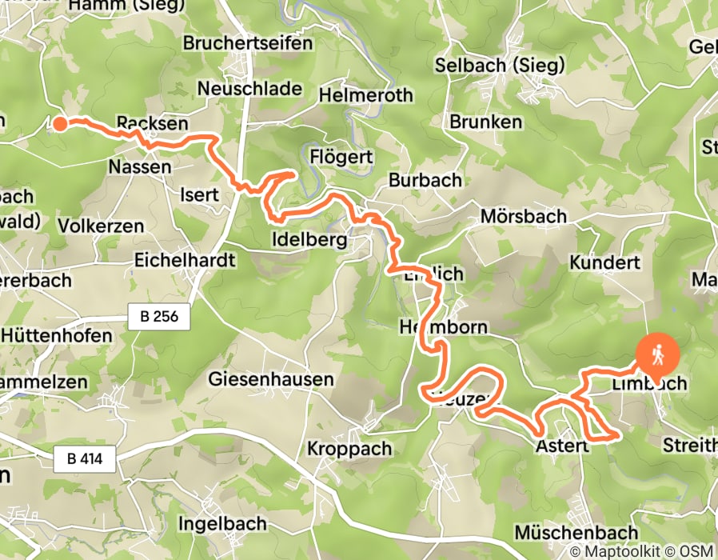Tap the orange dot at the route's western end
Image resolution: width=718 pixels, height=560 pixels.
pos(60,122)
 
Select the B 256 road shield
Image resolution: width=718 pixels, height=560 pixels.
pos(159,318)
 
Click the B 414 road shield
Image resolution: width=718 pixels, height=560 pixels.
pos(86,459)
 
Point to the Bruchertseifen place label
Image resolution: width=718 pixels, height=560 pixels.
pos(248,43)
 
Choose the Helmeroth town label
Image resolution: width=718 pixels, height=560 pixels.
pos(365,95)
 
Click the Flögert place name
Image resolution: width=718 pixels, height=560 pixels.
pos(341,157)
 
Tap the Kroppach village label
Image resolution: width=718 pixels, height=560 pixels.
pos(349,448)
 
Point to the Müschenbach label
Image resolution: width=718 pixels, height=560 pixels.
pos(576,532)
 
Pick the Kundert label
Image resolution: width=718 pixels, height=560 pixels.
pos(604,262)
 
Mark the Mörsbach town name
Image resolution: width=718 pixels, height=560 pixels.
pos(523,216)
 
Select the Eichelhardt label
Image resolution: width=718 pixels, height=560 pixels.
pos(185,260)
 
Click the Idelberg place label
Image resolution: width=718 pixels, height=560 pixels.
pos(309,240)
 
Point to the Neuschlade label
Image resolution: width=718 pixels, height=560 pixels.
pos(249,88)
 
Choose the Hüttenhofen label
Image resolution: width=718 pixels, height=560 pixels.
pos(55,336)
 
